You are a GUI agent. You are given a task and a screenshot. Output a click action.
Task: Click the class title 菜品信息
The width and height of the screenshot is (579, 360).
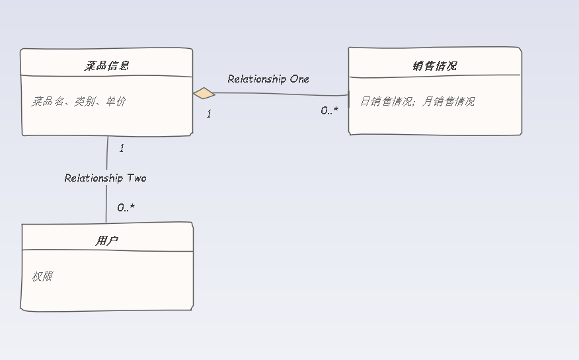point(106,65)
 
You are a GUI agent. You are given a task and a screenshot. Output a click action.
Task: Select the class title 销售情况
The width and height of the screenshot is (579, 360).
point(434,65)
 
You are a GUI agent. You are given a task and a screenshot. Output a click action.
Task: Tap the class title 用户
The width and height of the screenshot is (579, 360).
point(106,241)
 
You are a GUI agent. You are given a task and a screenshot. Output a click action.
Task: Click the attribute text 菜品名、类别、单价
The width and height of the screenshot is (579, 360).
point(79,101)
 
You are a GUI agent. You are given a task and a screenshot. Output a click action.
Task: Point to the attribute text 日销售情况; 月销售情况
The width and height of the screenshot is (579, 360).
point(417,101)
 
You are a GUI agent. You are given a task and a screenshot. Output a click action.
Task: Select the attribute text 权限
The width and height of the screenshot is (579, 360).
point(42,276)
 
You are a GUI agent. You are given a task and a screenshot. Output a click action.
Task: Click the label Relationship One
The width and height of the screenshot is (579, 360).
point(268,79)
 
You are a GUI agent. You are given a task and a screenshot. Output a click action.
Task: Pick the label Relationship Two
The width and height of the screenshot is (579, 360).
point(105,178)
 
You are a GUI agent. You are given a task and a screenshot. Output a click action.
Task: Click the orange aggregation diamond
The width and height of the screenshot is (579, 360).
point(204,93)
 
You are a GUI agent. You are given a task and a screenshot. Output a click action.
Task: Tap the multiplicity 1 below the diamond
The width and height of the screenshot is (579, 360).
point(209,114)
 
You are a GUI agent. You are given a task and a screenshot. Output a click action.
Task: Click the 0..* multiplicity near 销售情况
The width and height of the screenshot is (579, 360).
point(329,111)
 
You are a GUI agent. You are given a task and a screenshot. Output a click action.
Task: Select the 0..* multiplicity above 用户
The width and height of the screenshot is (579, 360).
point(126,207)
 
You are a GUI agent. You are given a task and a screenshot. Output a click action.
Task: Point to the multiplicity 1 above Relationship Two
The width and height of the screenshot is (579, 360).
point(122,149)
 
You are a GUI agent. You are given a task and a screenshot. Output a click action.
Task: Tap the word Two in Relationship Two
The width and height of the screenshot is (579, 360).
point(136,178)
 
